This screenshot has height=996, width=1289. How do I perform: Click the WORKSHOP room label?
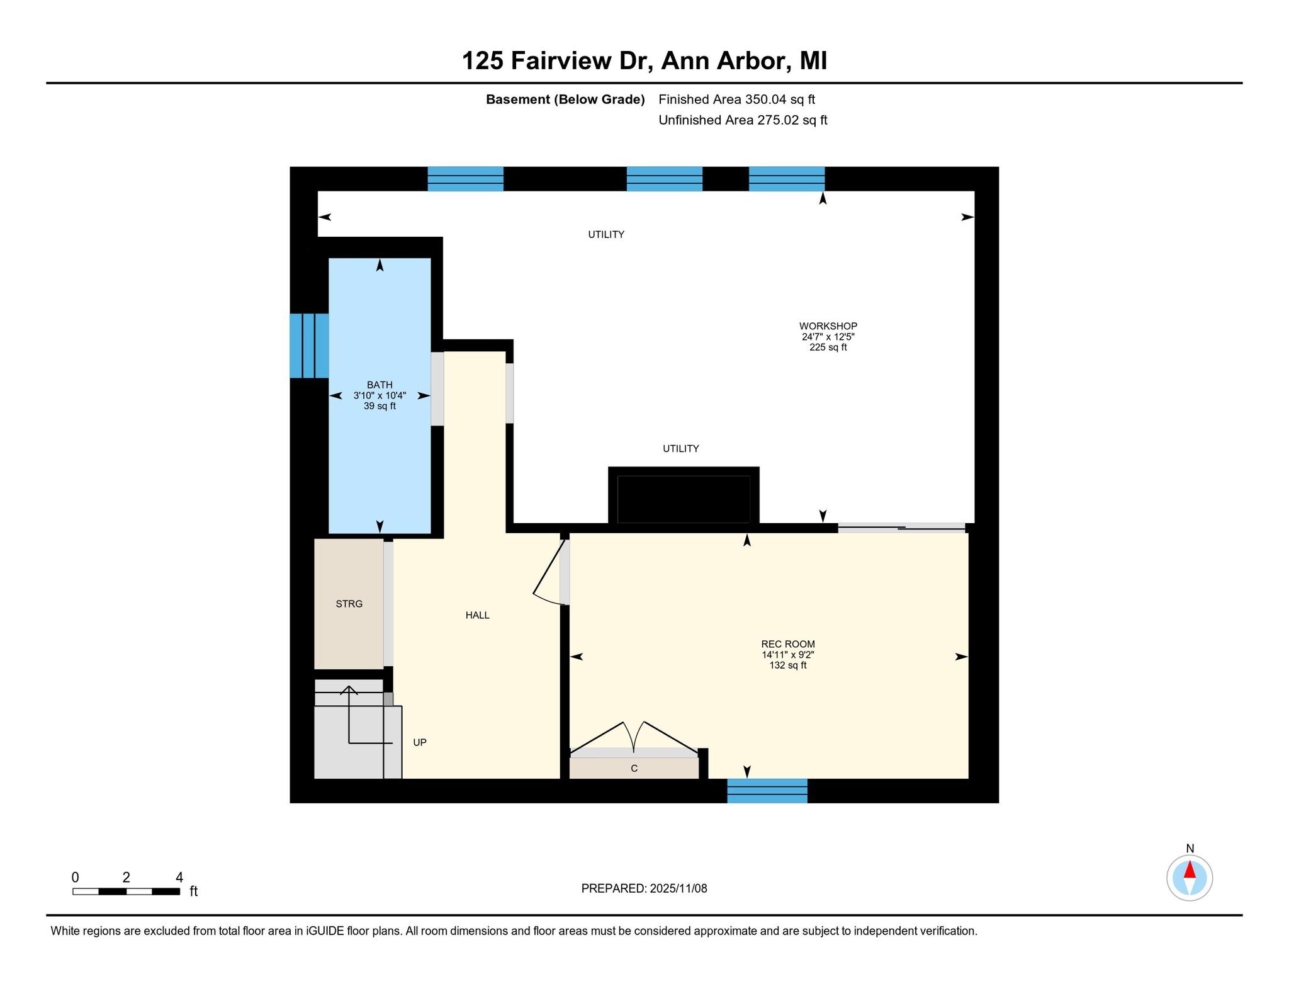point(828,326)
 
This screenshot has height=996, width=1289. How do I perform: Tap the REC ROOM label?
point(788,644)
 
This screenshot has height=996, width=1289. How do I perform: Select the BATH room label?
point(380,385)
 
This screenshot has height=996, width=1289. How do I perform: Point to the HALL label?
point(478,615)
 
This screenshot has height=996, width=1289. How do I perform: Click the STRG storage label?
point(349,604)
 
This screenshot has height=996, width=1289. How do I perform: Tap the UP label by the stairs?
point(420,742)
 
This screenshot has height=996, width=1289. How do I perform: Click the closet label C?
point(634,768)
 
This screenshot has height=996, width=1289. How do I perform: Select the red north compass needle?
point(1190,869)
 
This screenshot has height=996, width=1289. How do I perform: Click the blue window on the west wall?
point(309,346)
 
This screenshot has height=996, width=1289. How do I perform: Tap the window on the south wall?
point(767,791)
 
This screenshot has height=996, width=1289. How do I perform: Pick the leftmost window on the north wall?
point(466,179)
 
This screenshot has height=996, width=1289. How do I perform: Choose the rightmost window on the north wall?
point(787,179)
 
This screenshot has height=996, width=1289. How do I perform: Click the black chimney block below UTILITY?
point(684,496)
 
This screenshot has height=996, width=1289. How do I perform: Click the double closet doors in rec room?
point(634,738)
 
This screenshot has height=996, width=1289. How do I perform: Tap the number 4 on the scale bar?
point(179,877)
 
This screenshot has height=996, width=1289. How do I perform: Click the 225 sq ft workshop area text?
point(828,347)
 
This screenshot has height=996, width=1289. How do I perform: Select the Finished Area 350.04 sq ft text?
point(737,99)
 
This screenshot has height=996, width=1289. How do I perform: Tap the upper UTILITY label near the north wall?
point(606,234)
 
